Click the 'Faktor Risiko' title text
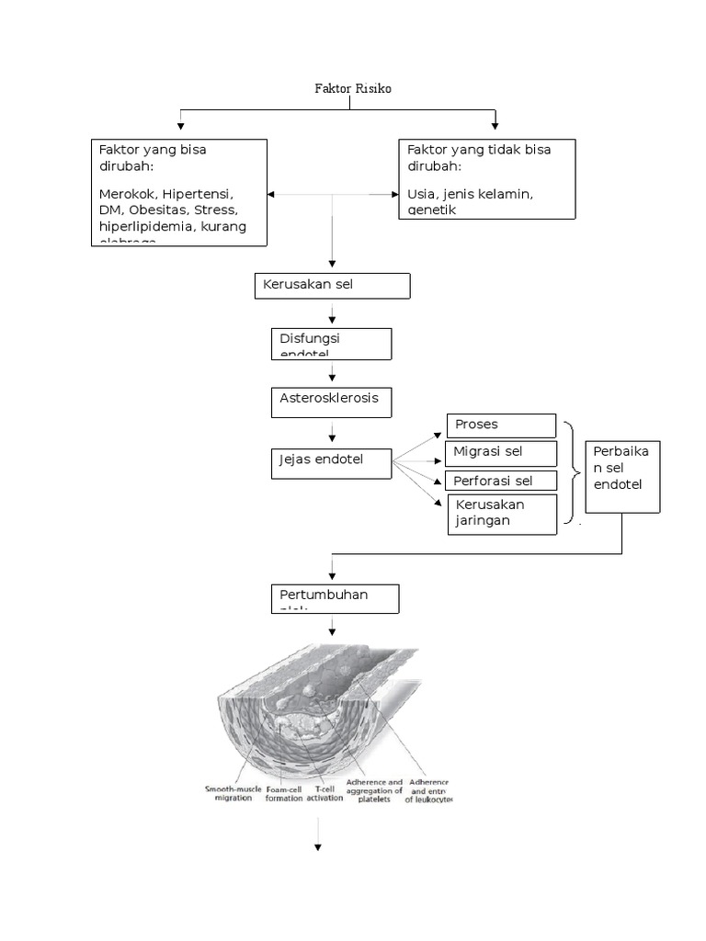click(353, 88)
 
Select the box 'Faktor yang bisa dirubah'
click(179, 192)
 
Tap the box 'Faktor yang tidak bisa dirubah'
click(487, 178)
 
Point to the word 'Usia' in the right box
click(422, 195)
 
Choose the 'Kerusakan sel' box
click(332, 286)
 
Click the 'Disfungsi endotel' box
click(332, 344)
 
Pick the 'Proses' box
click(501, 425)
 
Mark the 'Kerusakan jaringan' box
click(502, 514)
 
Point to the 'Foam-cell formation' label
click(283, 792)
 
